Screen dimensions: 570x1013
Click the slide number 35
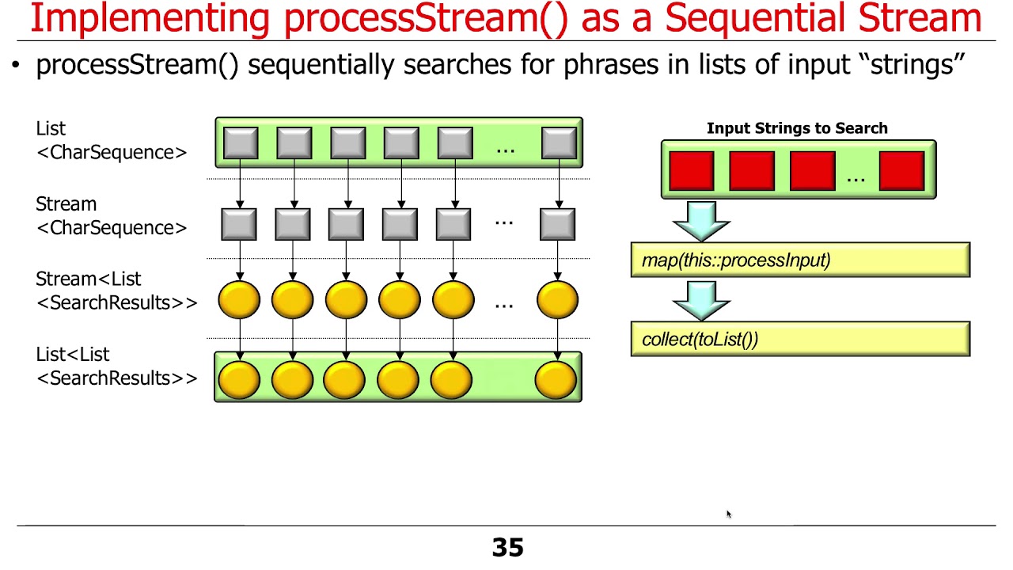507,548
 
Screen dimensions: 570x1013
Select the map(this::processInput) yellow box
799,260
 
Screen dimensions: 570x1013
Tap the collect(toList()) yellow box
799,340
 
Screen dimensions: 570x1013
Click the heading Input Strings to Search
797,128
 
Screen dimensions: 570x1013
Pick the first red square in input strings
691,171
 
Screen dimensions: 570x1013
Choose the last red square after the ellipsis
901,171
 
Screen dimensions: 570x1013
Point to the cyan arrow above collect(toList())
701,298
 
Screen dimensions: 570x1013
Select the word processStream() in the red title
426,19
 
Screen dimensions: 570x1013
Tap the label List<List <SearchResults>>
116,367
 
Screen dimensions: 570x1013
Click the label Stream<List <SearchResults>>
116,291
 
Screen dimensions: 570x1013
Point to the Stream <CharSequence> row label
111,216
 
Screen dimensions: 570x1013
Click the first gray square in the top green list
241,143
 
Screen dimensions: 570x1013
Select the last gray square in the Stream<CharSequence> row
557,224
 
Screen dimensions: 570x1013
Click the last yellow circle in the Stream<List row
557,300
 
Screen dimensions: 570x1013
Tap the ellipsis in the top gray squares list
505,147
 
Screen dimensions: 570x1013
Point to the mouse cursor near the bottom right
728,515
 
